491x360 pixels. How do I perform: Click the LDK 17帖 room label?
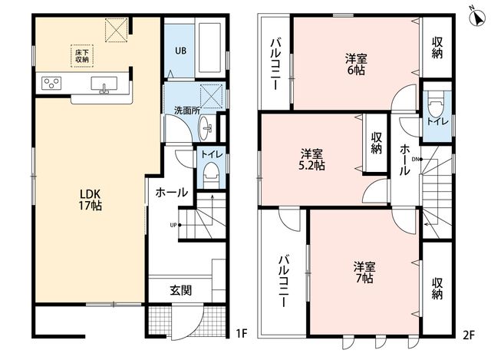(x=91, y=200)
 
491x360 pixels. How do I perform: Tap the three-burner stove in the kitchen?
(x=51, y=84)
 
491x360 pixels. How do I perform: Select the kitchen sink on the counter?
(x=104, y=84)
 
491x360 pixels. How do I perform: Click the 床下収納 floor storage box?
(x=82, y=56)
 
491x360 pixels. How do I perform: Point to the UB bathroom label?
(x=181, y=51)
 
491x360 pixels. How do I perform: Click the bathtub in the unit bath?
(x=209, y=47)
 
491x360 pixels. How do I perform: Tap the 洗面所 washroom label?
(x=187, y=111)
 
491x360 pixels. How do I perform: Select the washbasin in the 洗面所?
(x=206, y=128)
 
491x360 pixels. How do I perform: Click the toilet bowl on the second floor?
(x=437, y=106)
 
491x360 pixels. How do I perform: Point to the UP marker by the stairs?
(x=173, y=225)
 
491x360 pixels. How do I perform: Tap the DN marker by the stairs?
(x=415, y=159)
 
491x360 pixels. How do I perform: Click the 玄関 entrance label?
(x=181, y=290)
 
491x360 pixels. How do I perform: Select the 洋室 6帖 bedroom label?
(x=356, y=64)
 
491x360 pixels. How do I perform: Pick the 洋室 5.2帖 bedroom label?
(x=311, y=160)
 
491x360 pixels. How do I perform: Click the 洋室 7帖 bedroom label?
(x=364, y=272)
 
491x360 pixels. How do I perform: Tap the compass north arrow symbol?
(x=477, y=17)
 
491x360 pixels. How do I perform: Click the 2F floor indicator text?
(x=469, y=335)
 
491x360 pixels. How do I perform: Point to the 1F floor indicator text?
(x=242, y=333)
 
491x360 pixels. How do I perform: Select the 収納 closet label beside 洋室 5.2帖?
(x=377, y=143)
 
